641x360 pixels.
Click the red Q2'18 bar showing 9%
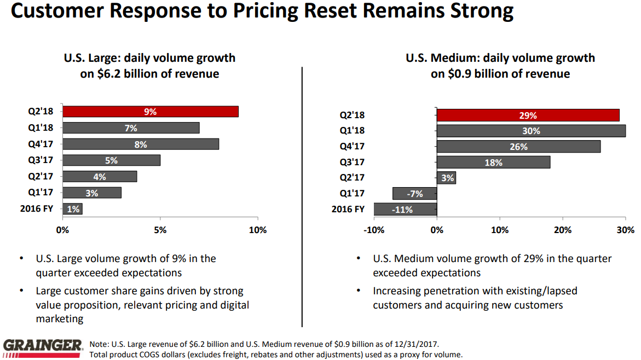pyautogui.click(x=150, y=112)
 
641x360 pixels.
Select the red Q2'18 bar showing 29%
pyautogui.click(x=528, y=115)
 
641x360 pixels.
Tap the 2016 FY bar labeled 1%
pyautogui.click(x=72, y=208)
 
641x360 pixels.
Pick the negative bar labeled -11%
pyautogui.click(x=405, y=209)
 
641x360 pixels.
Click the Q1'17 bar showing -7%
pyautogui.click(x=414, y=194)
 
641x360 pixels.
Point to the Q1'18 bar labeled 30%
pyautogui.click(x=531, y=131)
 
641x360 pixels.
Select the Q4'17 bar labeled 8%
pyautogui.click(x=141, y=144)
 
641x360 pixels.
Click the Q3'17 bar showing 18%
pyautogui.click(x=493, y=162)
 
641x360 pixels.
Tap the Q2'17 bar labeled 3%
pyautogui.click(x=446, y=178)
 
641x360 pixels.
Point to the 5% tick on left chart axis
pyautogui.click(x=160, y=230)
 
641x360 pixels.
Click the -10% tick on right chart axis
pyautogui.click(x=374, y=230)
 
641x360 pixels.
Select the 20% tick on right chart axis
pyautogui.click(x=563, y=230)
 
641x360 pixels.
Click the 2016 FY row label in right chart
pyautogui.click(x=348, y=209)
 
